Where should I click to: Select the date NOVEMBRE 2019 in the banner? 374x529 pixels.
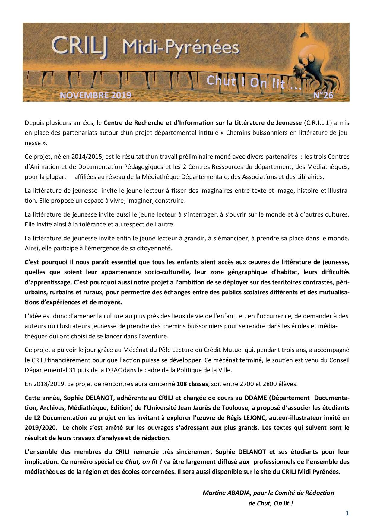coord(96,95)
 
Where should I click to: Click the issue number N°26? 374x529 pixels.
coord(323,95)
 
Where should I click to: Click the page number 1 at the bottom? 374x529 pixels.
coord(347,514)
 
